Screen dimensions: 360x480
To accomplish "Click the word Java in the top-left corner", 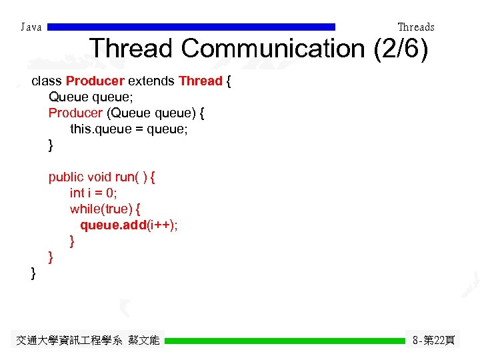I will point(31,27).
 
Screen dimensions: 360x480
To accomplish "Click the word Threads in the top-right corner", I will point(415,27).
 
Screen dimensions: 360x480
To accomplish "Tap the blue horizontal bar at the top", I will point(192,27).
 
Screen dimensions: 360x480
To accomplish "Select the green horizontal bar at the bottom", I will point(285,341).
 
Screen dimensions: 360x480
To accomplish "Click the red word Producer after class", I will point(95,81).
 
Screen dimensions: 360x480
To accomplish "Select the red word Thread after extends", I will point(200,81).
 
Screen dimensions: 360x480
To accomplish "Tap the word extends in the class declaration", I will point(151,81).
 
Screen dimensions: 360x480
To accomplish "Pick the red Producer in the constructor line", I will point(75,113).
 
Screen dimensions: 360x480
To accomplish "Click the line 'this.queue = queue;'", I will point(129,129).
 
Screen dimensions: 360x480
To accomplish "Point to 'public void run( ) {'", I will point(101,177).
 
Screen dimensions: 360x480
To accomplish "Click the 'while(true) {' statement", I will point(105,209).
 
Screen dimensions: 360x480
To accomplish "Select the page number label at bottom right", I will point(433,341).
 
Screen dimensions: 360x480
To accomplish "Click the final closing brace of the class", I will point(33,273).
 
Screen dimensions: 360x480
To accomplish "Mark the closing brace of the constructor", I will point(51,145).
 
